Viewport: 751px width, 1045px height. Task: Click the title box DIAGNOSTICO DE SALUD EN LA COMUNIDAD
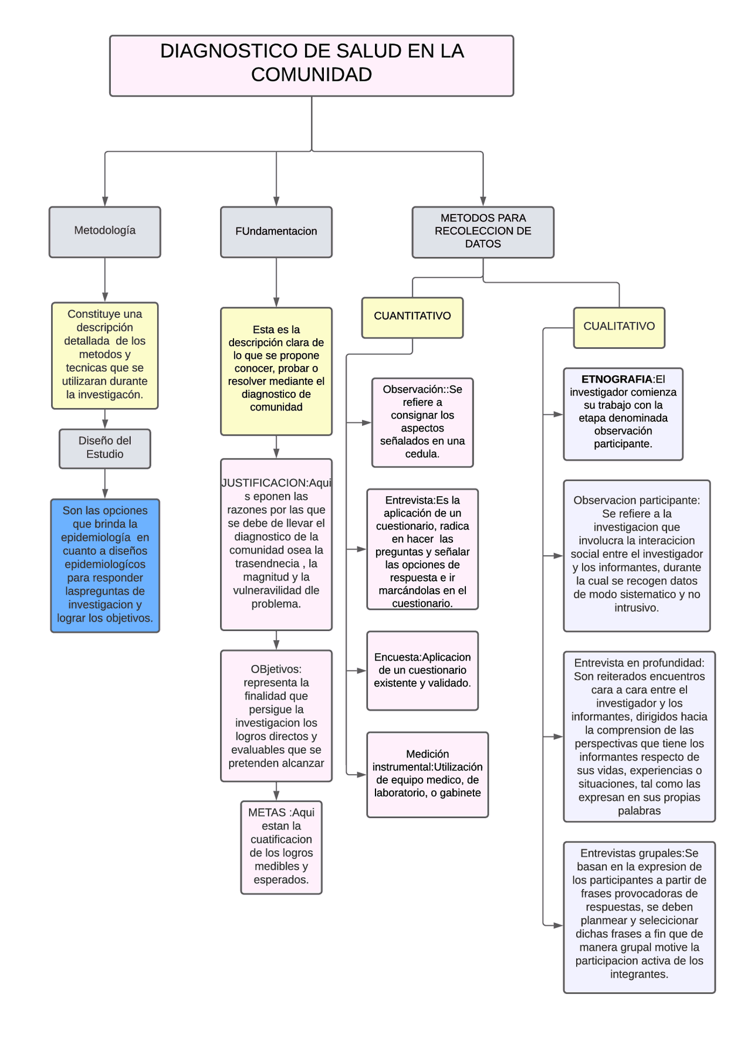point(311,65)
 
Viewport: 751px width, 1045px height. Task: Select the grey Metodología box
point(104,232)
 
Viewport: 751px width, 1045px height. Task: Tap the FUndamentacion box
point(276,232)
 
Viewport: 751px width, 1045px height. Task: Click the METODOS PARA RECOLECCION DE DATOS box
point(482,232)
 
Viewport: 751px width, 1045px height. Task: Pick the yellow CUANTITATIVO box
point(412,317)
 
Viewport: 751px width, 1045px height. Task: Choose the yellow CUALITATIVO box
point(618,327)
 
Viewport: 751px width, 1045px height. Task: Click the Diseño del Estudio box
point(104,448)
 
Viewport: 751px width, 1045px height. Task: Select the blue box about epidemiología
point(104,565)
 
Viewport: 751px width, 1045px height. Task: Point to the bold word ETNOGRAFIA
point(617,379)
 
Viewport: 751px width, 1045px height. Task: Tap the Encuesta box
point(422,670)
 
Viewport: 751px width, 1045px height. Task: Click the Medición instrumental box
point(427,774)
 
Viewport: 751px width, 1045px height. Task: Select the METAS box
point(281,847)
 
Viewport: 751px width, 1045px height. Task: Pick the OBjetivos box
point(276,715)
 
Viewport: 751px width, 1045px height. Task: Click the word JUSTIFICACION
point(265,483)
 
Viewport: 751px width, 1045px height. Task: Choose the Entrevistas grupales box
point(639,917)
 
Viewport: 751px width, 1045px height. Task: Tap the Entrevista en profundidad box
point(639,736)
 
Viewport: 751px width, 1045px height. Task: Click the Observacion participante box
point(637,555)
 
